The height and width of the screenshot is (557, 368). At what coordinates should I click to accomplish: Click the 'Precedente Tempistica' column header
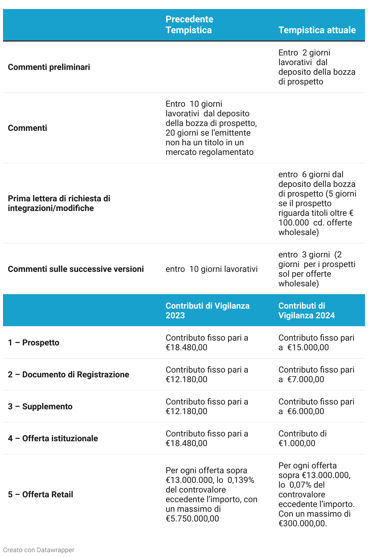click(189, 25)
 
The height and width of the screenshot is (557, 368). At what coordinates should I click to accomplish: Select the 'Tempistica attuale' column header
click(317, 30)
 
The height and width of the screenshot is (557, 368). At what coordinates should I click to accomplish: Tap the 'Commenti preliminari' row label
click(49, 67)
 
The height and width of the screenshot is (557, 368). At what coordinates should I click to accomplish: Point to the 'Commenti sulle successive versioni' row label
click(76, 269)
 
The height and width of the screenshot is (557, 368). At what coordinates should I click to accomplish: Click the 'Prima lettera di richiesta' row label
click(59, 203)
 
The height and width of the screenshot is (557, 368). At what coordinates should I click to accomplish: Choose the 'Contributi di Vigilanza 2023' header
click(208, 310)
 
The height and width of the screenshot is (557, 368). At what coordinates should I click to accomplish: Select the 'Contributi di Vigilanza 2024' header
click(306, 310)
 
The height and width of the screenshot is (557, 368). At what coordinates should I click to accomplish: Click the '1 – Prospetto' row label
click(33, 342)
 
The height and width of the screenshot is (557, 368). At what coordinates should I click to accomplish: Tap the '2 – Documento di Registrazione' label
click(68, 374)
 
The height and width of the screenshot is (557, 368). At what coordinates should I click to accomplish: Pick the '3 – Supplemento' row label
click(40, 406)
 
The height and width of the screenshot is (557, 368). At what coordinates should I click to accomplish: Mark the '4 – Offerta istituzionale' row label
click(53, 438)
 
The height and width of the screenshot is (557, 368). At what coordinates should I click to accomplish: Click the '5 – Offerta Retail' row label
click(40, 494)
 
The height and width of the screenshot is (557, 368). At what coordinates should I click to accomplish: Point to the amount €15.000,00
click(308, 348)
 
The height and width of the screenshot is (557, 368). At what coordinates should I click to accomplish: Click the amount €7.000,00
click(306, 379)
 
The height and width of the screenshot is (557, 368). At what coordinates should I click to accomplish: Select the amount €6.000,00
click(306, 411)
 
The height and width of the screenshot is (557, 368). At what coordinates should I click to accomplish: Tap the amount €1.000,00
click(297, 443)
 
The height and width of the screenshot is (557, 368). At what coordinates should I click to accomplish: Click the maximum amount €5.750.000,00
click(192, 519)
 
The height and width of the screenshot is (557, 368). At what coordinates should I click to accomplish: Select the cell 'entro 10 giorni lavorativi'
click(211, 269)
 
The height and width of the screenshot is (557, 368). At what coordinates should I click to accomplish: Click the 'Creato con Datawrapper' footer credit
click(39, 550)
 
